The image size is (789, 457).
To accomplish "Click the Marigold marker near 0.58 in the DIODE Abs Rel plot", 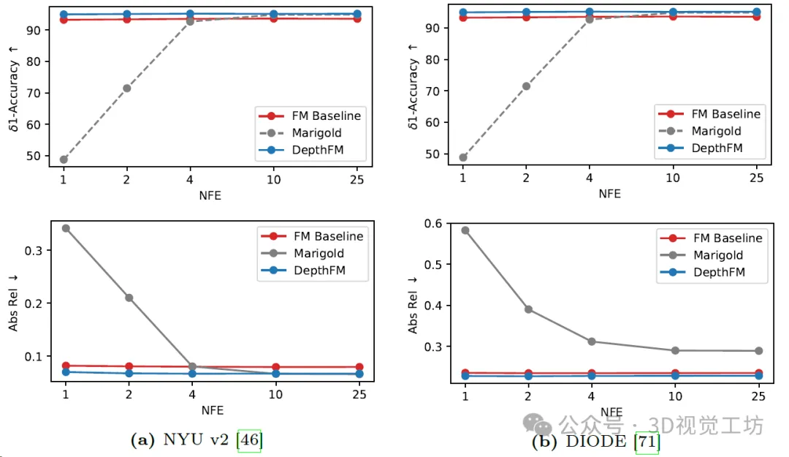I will pyautogui.click(x=465, y=230).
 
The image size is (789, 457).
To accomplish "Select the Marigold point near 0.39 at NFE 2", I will pyautogui.click(x=528, y=309).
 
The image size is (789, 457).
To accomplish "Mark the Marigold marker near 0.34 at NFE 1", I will pyautogui.click(x=65, y=228).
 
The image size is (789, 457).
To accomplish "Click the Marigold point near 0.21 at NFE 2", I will pyautogui.click(x=129, y=298).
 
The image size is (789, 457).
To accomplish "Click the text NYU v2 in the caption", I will pyautogui.click(x=196, y=440).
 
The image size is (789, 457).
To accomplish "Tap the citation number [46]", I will pyautogui.click(x=249, y=440).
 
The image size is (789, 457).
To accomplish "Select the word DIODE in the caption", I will pyautogui.click(x=595, y=442).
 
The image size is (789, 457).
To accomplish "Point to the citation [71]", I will pyautogui.click(x=647, y=442).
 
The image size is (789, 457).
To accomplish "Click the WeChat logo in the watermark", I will pyautogui.click(x=541, y=425).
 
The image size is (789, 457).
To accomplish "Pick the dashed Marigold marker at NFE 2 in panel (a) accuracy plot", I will pyautogui.click(x=127, y=88).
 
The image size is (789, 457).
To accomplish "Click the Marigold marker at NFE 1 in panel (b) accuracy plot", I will pyautogui.click(x=462, y=157).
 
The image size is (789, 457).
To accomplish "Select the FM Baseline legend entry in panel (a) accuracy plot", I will pyautogui.click(x=310, y=116).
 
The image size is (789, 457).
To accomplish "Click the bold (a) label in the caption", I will pyautogui.click(x=142, y=440).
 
